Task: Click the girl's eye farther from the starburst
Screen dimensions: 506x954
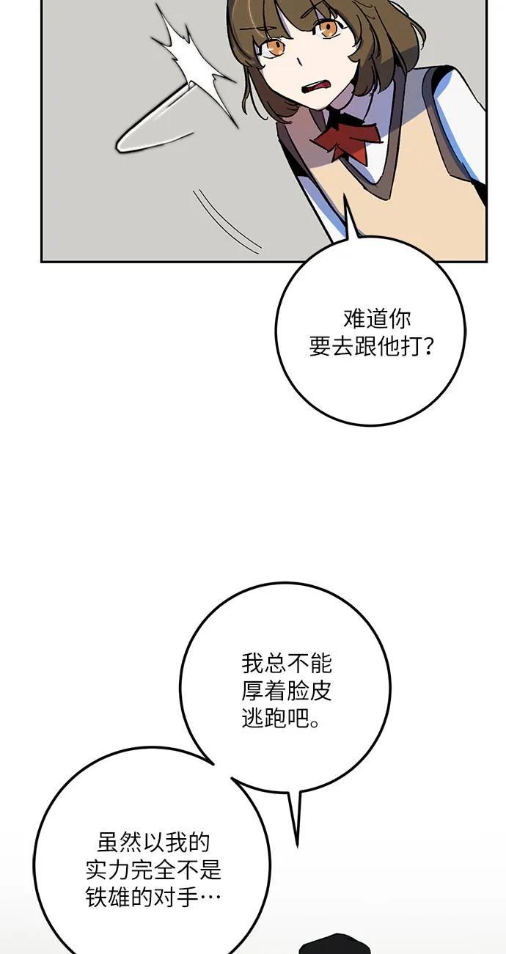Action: (x=327, y=28)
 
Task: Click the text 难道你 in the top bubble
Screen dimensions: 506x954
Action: (x=377, y=320)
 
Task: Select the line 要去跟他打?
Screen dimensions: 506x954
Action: (x=371, y=347)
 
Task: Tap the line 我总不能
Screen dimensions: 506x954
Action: (x=287, y=664)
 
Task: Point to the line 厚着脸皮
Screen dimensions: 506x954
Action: (x=287, y=691)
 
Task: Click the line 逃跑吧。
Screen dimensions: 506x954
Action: (x=281, y=719)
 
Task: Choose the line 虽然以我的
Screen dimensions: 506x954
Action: (x=154, y=843)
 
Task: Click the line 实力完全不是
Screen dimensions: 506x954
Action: (x=154, y=870)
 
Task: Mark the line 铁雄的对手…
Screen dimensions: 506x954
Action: (x=154, y=898)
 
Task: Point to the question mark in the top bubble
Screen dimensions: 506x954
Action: (x=429, y=347)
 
